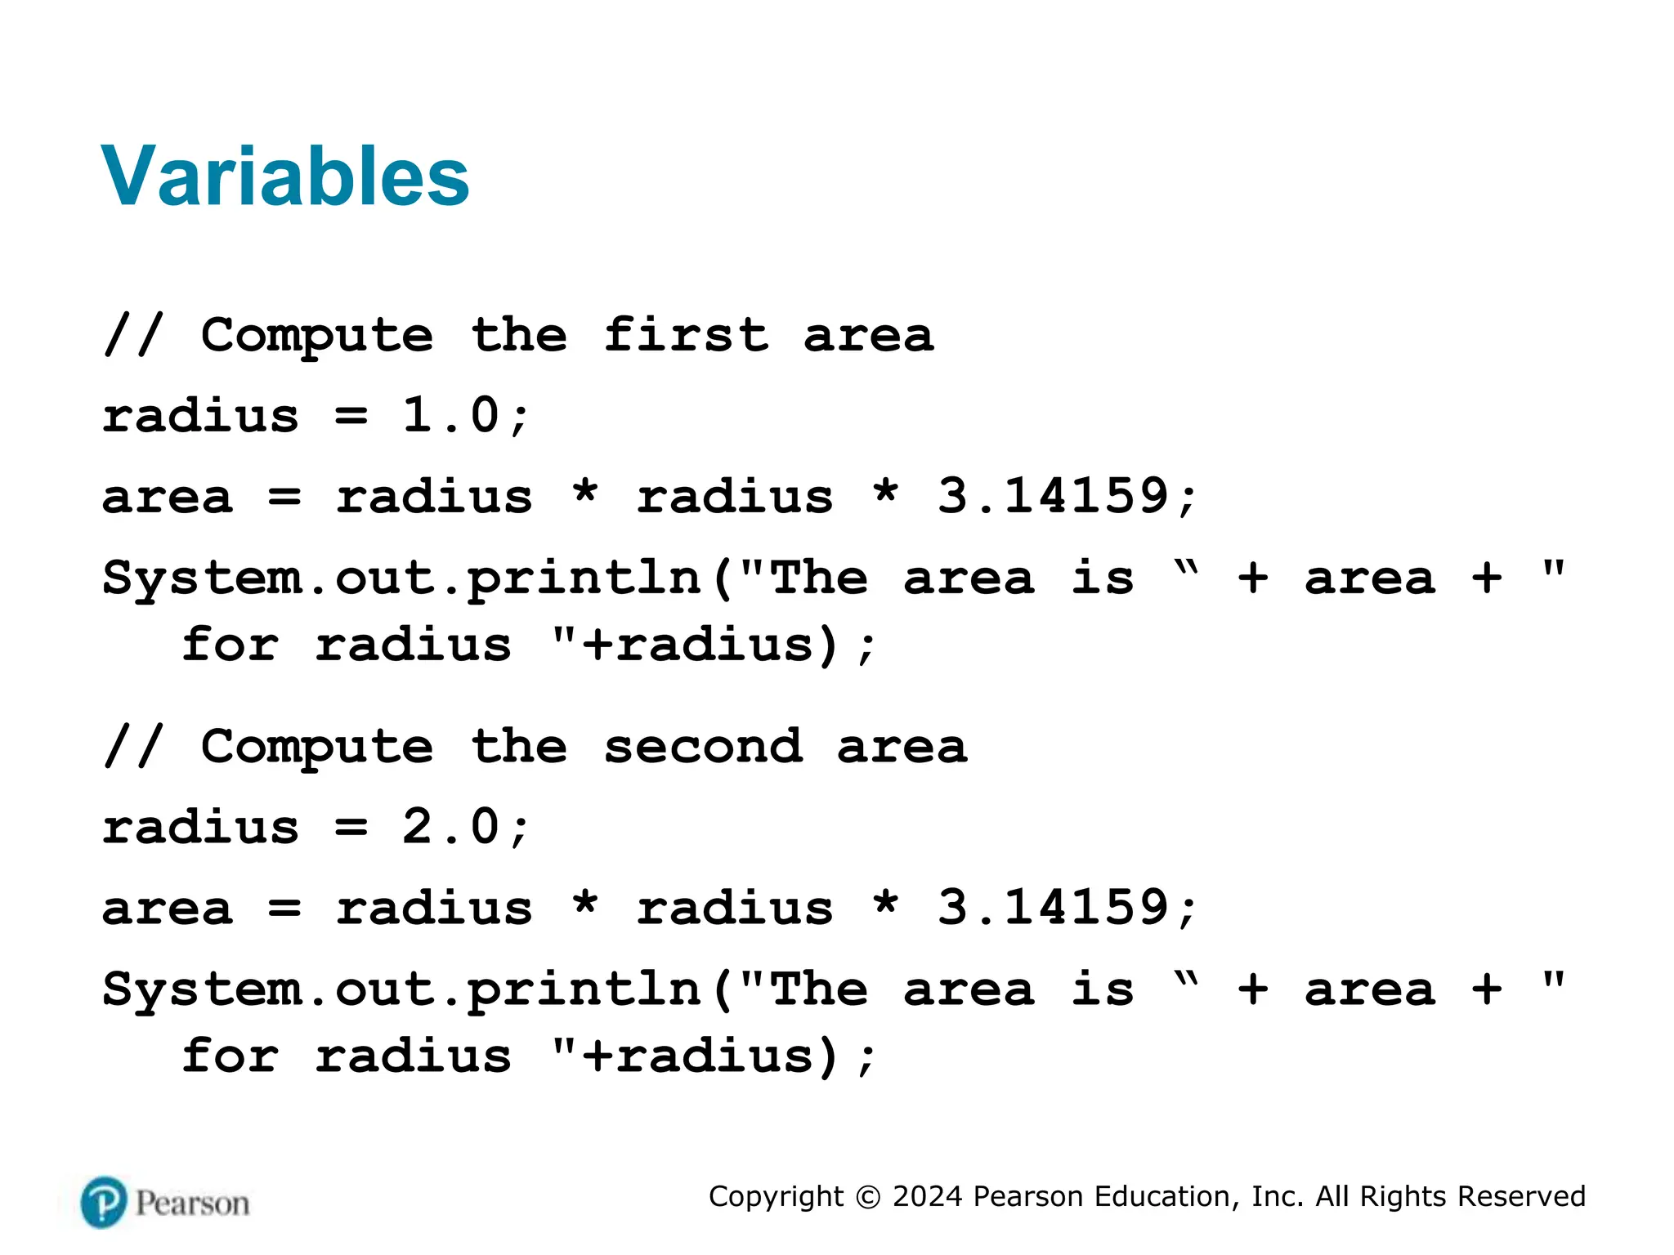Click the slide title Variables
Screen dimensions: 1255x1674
[x=284, y=176]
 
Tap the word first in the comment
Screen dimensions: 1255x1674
[x=686, y=335]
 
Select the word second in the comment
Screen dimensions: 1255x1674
[x=703, y=747]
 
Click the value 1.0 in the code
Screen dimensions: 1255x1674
[x=450, y=415]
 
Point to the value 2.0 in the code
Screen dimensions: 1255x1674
[x=450, y=827]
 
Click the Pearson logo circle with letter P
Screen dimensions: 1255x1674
[x=104, y=1203]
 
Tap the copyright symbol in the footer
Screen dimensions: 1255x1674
[x=868, y=1197]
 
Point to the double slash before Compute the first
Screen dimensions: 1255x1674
[x=133, y=334]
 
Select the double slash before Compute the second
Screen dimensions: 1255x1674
[x=133, y=746]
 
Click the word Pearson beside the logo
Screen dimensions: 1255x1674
[x=192, y=1204]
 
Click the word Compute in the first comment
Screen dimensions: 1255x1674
[x=317, y=336]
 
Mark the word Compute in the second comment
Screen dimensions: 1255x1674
[x=317, y=748]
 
